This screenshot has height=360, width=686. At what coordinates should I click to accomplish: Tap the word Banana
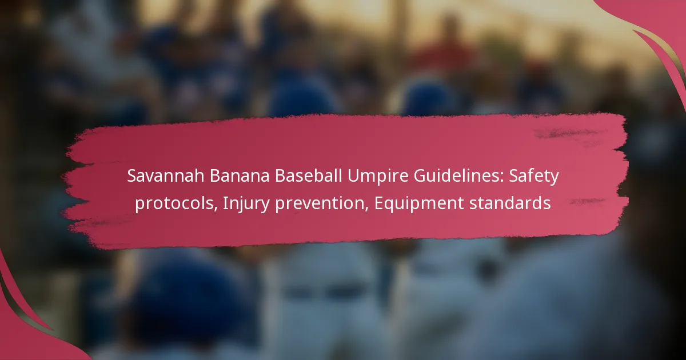[239, 176]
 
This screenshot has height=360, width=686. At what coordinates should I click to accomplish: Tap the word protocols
[174, 203]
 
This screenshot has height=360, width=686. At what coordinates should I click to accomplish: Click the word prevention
[320, 204]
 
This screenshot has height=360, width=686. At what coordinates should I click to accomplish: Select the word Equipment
[418, 204]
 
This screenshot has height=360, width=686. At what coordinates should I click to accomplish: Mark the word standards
[510, 203]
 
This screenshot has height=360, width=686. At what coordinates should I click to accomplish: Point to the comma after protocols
[216, 209]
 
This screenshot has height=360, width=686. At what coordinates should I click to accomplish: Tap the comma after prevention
[368, 209]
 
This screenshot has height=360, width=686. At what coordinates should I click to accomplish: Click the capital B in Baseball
[280, 176]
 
